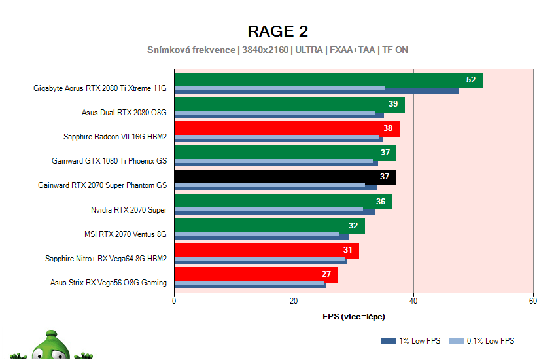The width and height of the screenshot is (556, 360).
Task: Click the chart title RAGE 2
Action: [277, 31]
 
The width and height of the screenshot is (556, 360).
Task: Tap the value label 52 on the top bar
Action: [471, 80]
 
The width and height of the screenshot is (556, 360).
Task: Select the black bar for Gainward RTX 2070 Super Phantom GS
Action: [285, 177]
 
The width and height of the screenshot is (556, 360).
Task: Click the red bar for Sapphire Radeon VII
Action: [286, 128]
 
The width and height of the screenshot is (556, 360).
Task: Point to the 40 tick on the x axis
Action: [413, 301]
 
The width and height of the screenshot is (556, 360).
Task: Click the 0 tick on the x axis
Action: [174, 301]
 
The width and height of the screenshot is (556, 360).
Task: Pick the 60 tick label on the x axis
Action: [533, 301]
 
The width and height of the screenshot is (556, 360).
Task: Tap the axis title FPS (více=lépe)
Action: [354, 317]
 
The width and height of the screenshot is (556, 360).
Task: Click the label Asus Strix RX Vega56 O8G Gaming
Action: [109, 283]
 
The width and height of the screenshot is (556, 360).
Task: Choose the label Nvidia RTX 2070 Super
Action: [129, 210]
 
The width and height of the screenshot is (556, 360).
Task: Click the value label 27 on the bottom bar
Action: [326, 274]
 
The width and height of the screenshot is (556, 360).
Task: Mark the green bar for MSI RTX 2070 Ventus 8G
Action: [269, 226]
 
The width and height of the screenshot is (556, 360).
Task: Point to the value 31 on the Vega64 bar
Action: [347, 250]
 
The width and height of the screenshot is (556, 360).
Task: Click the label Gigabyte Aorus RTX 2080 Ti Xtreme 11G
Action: [100, 88]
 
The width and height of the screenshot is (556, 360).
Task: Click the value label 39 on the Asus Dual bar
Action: [393, 104]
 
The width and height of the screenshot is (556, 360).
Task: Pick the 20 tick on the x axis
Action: [294, 301]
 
